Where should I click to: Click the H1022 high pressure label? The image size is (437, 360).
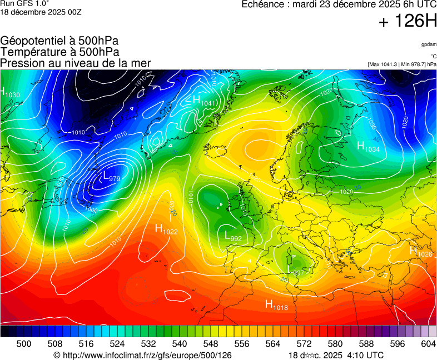[166, 229]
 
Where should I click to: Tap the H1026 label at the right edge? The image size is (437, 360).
[421, 252]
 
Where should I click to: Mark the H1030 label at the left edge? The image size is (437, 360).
[10, 93]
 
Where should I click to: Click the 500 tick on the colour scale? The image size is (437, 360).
[23, 344]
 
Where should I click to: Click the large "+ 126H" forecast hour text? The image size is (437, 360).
[408, 22]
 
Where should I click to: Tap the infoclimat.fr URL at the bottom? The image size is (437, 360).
[142, 355]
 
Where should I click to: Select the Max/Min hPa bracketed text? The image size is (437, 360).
[402, 64]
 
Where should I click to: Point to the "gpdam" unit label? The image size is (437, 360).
[428, 44]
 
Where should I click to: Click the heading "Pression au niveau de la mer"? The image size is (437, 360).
[76, 63]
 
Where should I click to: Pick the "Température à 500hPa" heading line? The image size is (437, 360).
[59, 52]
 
